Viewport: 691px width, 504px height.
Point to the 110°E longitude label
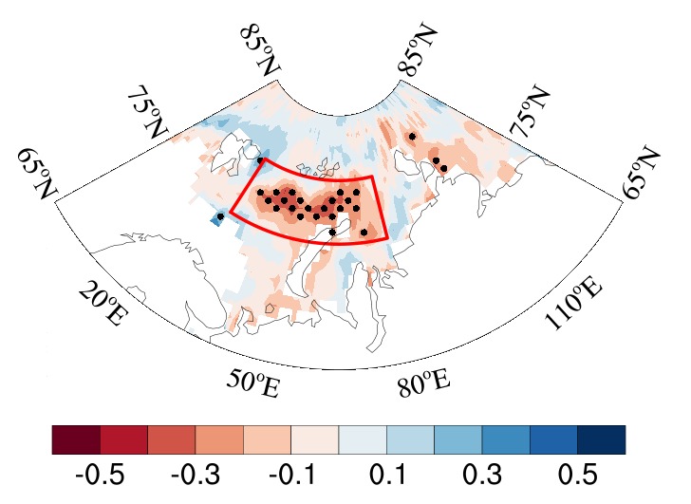(573, 304)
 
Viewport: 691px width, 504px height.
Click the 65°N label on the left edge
(38, 174)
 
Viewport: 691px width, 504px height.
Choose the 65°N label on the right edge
(641, 174)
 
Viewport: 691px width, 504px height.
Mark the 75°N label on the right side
(530, 111)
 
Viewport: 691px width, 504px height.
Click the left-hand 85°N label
(260, 49)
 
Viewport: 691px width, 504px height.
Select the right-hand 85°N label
(417, 49)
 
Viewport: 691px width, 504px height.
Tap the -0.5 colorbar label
(100, 475)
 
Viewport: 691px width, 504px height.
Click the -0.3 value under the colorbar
(196, 475)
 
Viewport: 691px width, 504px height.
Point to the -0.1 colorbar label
(291, 475)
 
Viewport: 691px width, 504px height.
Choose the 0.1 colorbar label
(387, 475)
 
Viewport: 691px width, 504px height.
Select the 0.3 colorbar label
(482, 475)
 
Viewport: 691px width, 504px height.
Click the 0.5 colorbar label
(578, 475)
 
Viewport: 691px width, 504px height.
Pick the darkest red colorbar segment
(76, 439)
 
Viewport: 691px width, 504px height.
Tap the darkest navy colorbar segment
(602, 439)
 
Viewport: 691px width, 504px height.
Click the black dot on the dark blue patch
(220, 216)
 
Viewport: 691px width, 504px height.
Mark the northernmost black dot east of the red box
(412, 137)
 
